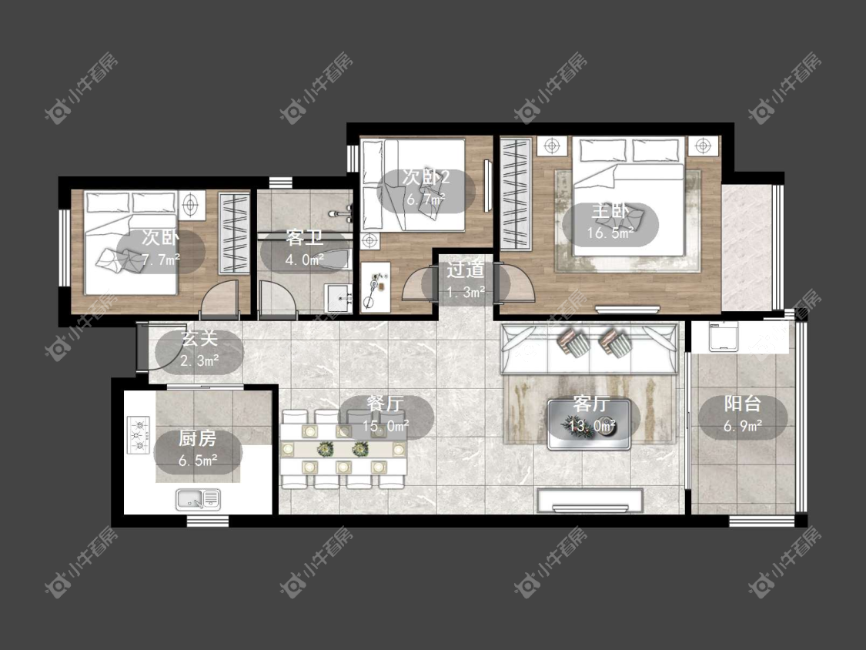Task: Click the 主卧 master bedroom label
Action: (x=610, y=212)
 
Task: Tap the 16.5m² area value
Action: (x=610, y=233)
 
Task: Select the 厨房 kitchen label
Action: (x=197, y=439)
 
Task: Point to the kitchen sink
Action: (x=198, y=500)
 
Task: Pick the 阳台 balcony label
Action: (x=742, y=404)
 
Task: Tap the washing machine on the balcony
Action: (x=723, y=336)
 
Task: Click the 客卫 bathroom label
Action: (x=304, y=238)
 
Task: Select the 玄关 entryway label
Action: (x=200, y=339)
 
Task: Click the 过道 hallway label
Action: (x=465, y=270)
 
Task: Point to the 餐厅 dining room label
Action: (x=385, y=404)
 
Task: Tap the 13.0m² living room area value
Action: (x=592, y=426)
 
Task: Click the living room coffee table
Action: (x=590, y=424)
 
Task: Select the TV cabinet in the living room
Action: (x=590, y=501)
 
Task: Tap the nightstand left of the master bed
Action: (x=552, y=146)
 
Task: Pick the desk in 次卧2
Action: (x=375, y=287)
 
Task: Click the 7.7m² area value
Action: (x=160, y=260)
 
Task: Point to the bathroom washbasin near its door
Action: (x=338, y=299)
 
